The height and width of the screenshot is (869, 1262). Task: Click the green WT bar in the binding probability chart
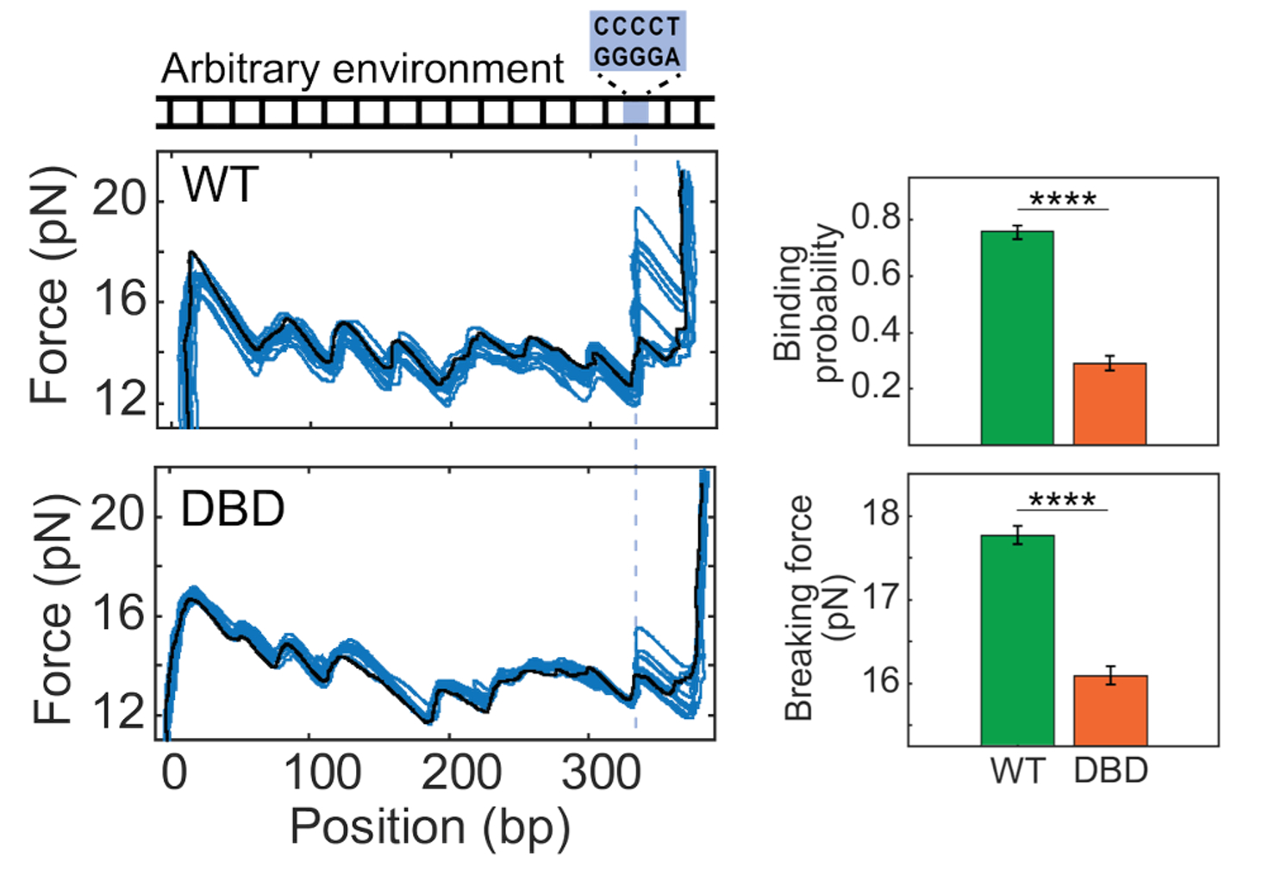[x=1017, y=338]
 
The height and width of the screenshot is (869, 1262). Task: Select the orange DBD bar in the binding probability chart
[x=1109, y=403]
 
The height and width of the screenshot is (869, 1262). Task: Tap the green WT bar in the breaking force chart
[x=1017, y=640]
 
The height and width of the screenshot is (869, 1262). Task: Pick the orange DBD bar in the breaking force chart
[x=1110, y=710]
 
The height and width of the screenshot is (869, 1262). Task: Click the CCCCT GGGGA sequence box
[x=638, y=41]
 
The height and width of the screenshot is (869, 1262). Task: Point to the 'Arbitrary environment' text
[x=362, y=69]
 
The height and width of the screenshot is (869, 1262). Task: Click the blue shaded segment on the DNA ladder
[x=635, y=112]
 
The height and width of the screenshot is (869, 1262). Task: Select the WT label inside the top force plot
[x=221, y=184]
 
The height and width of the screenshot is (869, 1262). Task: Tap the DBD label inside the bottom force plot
[x=233, y=509]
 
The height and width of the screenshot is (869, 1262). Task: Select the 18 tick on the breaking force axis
[x=880, y=515]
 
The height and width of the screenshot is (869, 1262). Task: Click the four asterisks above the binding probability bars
[x=1063, y=199]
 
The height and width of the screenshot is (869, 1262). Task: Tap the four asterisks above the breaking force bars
[x=1063, y=500]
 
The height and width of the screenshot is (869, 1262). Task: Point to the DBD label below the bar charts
[x=1111, y=770]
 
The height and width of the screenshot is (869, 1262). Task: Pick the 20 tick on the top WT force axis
[x=119, y=200]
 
